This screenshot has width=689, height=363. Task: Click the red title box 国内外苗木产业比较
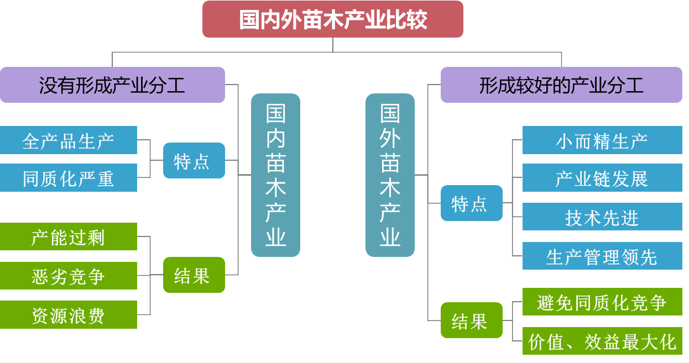(x=333, y=19)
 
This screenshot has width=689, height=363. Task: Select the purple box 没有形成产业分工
(x=113, y=85)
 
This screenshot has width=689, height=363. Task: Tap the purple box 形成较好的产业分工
(x=561, y=85)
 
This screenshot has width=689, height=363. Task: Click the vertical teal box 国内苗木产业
(x=275, y=175)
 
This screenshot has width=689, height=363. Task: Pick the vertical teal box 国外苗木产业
(x=390, y=175)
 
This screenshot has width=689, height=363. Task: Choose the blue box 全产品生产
(x=68, y=140)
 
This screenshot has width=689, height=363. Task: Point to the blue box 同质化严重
(x=68, y=178)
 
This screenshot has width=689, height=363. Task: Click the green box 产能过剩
(x=68, y=236)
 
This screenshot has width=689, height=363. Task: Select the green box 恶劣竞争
(x=68, y=276)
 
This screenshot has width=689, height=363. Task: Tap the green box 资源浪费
(x=68, y=315)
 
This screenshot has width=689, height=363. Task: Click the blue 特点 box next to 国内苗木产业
(x=194, y=160)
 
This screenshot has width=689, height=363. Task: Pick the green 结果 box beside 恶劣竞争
(x=194, y=275)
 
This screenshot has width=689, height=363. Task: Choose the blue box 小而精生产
(x=602, y=140)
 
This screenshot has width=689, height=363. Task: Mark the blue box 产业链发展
(x=602, y=178)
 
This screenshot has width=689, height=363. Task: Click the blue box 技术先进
(x=602, y=217)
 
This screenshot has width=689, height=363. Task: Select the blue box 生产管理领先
(x=602, y=256)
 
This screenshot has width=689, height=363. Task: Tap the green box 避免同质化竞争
(x=602, y=302)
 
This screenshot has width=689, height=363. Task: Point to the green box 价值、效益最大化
(x=602, y=341)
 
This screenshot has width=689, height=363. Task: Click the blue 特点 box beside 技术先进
(x=472, y=203)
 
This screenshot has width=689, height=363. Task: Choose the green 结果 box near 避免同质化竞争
(x=472, y=320)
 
